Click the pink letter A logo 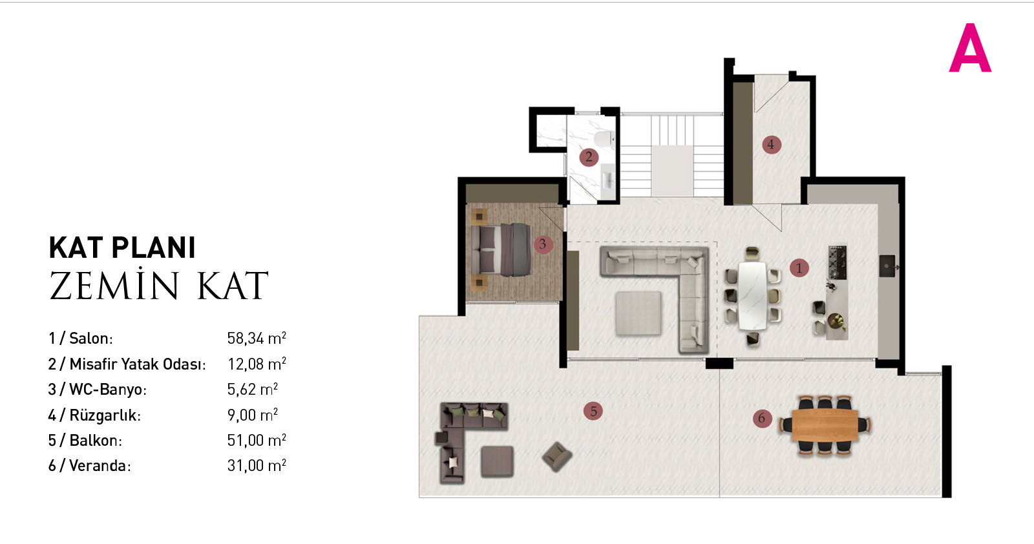(970, 48)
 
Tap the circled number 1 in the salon (799, 267)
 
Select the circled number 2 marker (589, 157)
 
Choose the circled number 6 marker (762, 419)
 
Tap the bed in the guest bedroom (505, 249)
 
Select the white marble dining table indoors (752, 296)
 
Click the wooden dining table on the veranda (825, 425)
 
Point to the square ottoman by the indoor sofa (638, 313)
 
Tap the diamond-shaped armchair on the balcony (557, 457)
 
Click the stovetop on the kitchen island (838, 262)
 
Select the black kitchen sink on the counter (887, 266)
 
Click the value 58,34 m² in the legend (257, 338)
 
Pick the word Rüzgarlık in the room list (103, 415)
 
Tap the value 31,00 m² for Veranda (257, 465)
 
